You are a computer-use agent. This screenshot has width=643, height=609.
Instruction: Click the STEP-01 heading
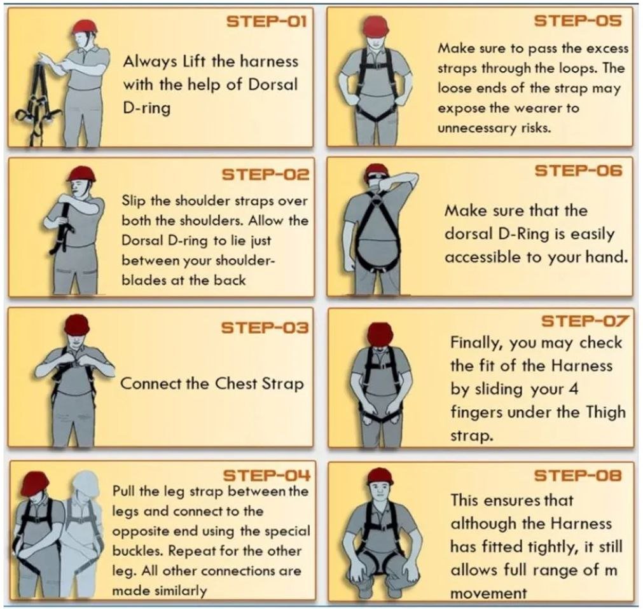coord(266,22)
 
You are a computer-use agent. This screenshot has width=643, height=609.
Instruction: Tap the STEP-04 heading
coord(266,476)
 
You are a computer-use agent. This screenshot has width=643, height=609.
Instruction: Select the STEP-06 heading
coord(578,170)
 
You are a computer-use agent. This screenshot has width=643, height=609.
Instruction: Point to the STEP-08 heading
coord(577,476)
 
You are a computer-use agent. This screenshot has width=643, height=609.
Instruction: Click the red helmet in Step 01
coord(85,26)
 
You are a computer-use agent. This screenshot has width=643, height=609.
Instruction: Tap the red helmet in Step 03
coord(77,325)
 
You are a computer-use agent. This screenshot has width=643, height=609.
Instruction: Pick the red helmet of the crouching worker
coord(380,476)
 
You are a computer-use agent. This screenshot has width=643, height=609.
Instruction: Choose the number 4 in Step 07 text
coord(574,388)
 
